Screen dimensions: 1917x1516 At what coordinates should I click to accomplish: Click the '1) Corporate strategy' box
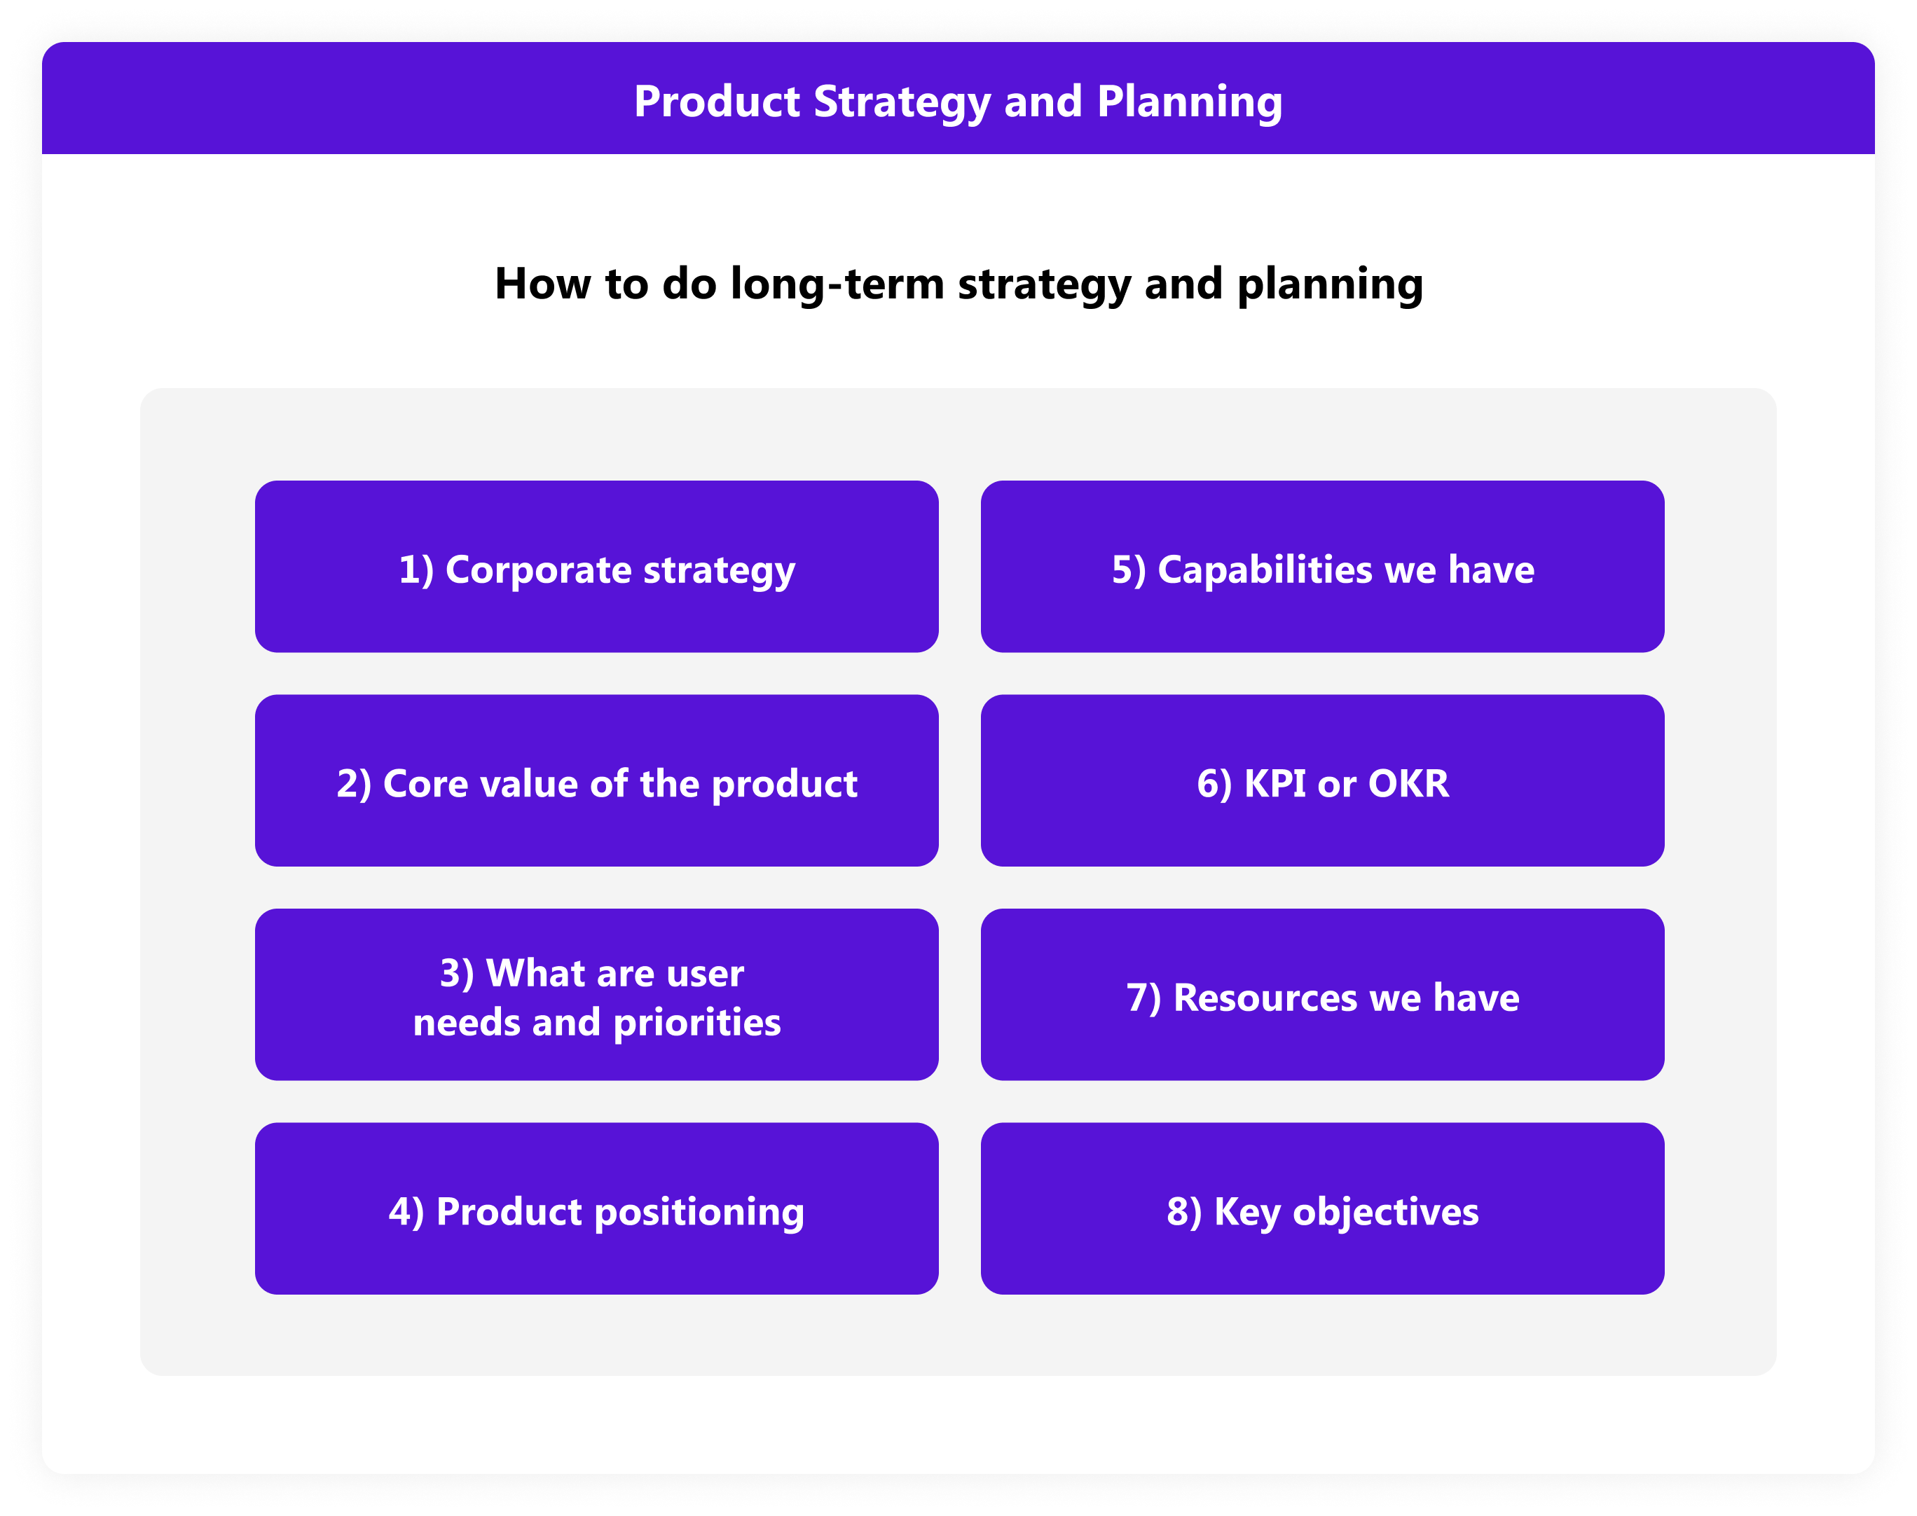(x=596, y=566)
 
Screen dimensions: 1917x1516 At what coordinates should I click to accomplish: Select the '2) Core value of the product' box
(x=596, y=780)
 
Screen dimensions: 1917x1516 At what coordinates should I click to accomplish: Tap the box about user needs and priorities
(x=596, y=994)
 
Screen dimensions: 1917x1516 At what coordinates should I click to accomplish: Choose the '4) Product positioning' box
(x=596, y=1208)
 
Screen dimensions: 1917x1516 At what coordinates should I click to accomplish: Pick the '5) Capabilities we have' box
(x=1322, y=566)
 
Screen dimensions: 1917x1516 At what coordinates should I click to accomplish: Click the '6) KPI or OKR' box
(x=1322, y=780)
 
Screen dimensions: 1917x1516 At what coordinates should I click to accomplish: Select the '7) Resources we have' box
(x=1322, y=994)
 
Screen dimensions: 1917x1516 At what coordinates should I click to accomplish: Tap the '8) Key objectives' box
(x=1322, y=1208)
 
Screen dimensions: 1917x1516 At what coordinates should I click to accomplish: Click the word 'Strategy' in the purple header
(x=902, y=103)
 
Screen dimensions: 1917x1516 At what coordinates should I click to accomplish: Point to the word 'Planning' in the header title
(x=1190, y=103)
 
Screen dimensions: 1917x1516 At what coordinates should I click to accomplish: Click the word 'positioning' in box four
(x=699, y=1213)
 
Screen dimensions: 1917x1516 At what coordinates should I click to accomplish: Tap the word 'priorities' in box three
(x=698, y=1024)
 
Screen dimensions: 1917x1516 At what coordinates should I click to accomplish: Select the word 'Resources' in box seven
(x=1265, y=998)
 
